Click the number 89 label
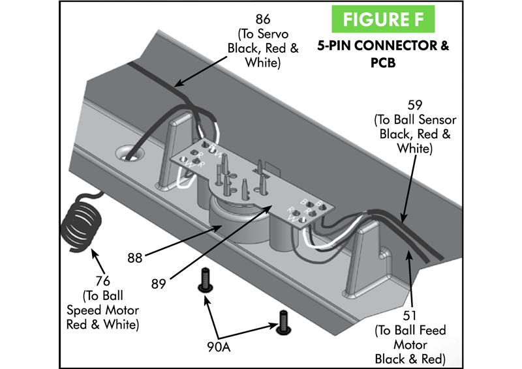point(157,284)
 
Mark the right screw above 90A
point(283,321)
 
